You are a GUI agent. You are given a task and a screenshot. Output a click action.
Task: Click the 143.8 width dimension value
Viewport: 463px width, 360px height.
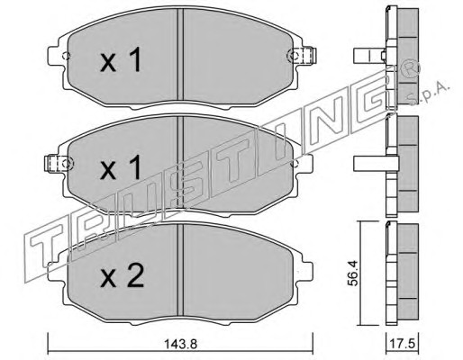[181, 344]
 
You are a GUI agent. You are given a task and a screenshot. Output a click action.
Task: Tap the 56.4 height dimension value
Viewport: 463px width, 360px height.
[354, 273]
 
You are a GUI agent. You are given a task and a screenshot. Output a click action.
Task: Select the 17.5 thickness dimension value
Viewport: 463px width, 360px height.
[403, 344]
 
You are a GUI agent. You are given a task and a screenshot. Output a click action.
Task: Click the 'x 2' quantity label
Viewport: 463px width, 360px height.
[122, 276]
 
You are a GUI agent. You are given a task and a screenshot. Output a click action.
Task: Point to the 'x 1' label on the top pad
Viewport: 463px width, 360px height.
[121, 60]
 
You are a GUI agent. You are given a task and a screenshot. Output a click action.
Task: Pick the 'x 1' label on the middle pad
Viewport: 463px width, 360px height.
[121, 167]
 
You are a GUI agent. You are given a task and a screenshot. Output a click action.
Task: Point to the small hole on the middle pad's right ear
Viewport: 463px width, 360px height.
[295, 164]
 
